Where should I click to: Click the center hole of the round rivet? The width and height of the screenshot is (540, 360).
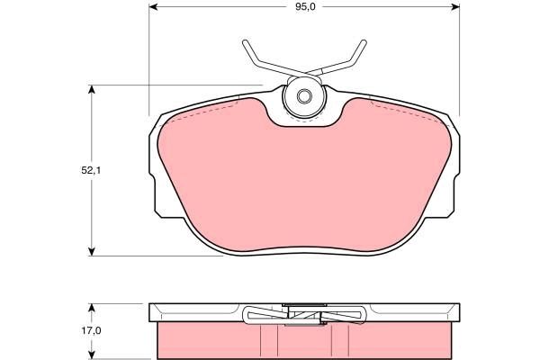click(304, 95)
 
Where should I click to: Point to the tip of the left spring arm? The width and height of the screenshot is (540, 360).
click(244, 42)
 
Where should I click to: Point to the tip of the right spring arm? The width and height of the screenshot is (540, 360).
click(364, 42)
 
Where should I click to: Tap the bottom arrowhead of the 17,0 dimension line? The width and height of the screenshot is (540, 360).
click(92, 353)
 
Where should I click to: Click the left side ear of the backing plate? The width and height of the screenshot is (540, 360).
click(154, 171)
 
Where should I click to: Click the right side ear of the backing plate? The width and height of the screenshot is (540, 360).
click(454, 171)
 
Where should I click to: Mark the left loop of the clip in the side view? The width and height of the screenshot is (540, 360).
click(253, 314)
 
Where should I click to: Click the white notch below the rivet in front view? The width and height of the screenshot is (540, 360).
click(304, 122)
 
